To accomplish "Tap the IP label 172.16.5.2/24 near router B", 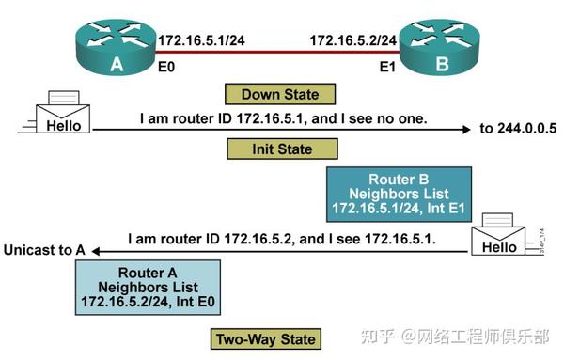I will [x=352, y=40].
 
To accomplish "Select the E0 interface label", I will [x=165, y=67].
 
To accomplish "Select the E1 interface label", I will [x=386, y=67].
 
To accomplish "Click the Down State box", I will [x=279, y=94].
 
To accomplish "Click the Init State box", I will [x=280, y=149].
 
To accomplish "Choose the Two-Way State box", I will [x=266, y=338].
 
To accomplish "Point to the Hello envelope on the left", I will [x=61, y=116].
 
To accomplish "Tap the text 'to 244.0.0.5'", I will [x=518, y=129].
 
